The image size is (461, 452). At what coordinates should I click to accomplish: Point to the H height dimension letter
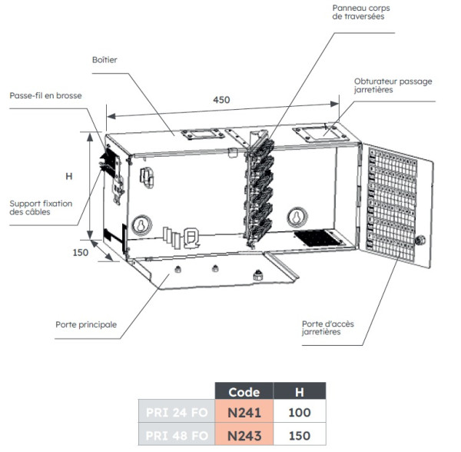(x=68, y=176)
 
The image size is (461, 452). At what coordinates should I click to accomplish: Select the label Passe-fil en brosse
(x=45, y=95)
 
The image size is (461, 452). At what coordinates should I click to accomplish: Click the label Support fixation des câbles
(x=41, y=208)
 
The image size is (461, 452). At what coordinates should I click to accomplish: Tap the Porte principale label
(x=86, y=324)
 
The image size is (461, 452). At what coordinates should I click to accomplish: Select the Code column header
(x=244, y=391)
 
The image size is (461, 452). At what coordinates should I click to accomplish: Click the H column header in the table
(x=300, y=391)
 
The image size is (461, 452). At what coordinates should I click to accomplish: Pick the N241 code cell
(x=244, y=413)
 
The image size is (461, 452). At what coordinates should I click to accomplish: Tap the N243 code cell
(x=244, y=434)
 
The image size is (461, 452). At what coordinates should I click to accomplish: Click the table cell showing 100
(x=300, y=413)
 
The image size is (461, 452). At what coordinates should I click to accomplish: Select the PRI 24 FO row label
(x=176, y=413)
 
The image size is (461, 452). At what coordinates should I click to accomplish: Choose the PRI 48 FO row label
(x=176, y=434)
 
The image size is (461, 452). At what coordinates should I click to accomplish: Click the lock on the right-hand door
(x=419, y=239)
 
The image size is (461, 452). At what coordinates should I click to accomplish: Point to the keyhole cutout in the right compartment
(x=295, y=216)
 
